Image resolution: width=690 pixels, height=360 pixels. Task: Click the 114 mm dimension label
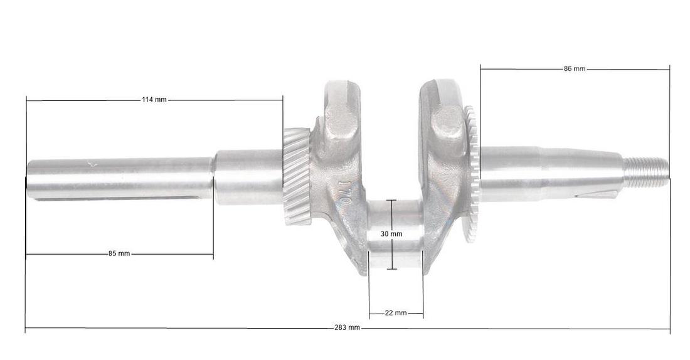[x=154, y=100]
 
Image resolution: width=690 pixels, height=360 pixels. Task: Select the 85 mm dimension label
[x=119, y=253]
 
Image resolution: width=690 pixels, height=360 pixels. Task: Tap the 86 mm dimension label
[x=575, y=68]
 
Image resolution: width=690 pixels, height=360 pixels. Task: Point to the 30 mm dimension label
[x=391, y=234]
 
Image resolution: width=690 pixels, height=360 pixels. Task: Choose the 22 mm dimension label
[x=396, y=313]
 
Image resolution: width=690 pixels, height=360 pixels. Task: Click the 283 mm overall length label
[x=348, y=327]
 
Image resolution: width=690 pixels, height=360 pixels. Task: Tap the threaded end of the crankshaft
[x=645, y=171]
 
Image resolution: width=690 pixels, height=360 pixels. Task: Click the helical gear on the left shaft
[x=297, y=176]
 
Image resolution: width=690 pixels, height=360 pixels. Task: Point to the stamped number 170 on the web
[x=344, y=194]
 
